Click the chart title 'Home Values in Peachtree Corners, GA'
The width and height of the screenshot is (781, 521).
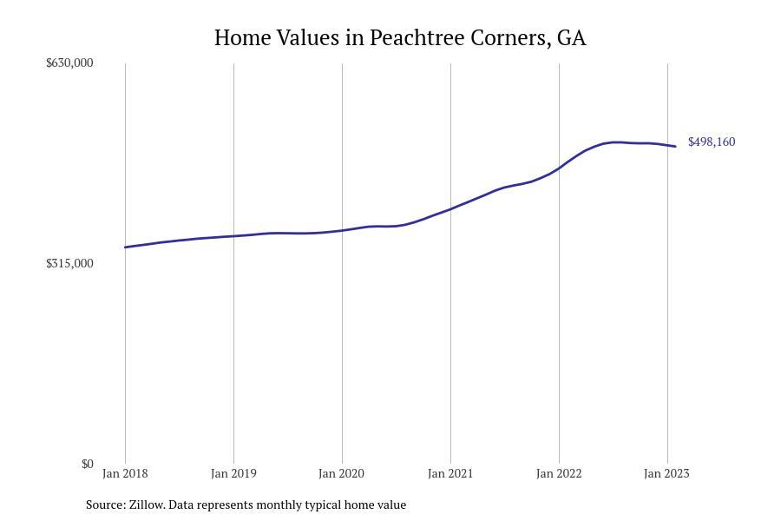pos(400,38)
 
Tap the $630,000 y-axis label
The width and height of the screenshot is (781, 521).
pos(69,63)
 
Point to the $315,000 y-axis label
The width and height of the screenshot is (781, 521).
pos(69,263)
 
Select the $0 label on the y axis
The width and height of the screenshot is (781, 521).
pos(87,464)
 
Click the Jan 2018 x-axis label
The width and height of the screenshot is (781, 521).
pos(125,473)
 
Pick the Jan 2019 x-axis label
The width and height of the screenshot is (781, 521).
pos(233,473)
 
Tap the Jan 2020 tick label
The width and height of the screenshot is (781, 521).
pos(342,473)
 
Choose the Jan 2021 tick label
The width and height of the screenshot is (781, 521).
pos(450,473)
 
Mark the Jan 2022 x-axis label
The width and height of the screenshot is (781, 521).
pos(559,473)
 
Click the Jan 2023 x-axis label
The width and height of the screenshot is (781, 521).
pos(666,473)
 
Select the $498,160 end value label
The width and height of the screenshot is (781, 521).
pos(712,142)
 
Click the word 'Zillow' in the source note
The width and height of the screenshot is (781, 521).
pos(147,505)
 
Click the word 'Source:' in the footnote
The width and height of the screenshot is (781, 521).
pos(105,505)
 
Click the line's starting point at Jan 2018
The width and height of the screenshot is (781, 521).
pos(126,247)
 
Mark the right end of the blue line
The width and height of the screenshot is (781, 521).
pos(675,146)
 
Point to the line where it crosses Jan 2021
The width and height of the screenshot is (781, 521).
pos(450,208)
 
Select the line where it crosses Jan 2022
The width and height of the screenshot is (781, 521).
pos(559,168)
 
